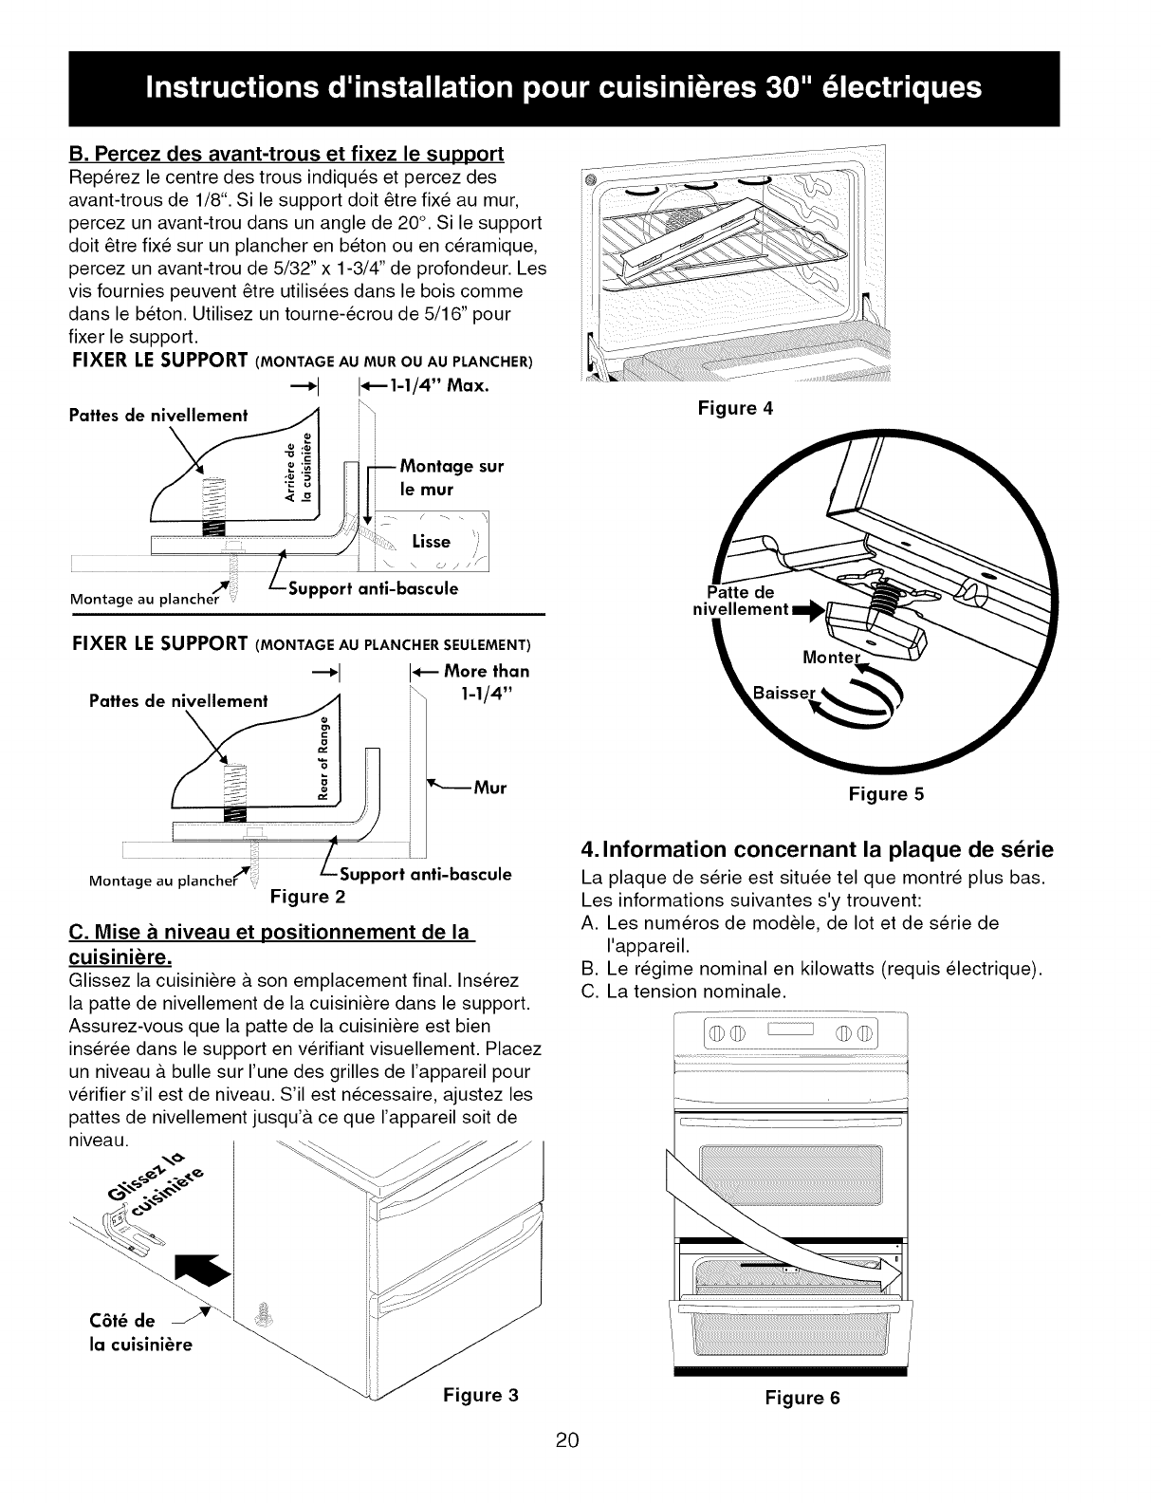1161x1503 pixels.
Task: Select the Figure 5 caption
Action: (x=886, y=794)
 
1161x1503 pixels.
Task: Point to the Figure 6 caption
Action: (x=802, y=1398)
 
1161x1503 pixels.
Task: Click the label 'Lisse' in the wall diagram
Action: (x=432, y=542)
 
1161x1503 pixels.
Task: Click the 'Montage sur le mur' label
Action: (x=451, y=477)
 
